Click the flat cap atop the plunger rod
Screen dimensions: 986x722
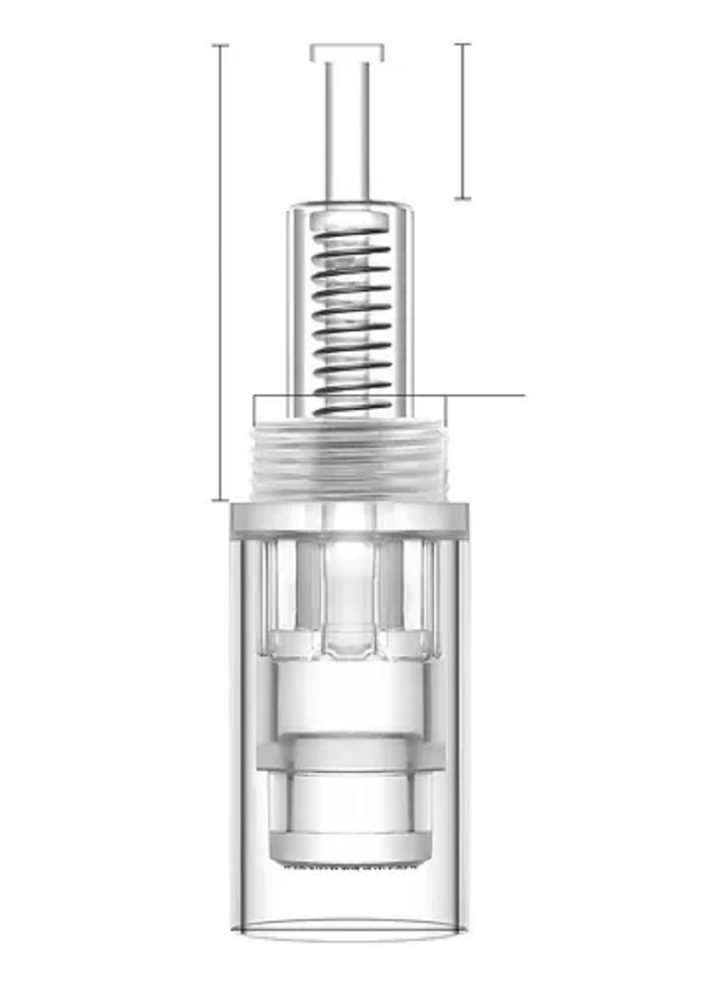[x=347, y=52]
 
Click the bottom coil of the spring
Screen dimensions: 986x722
[x=352, y=408]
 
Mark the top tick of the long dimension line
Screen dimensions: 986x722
[x=220, y=44]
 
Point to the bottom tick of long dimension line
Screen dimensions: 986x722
[x=220, y=499]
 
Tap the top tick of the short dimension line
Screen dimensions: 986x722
[x=463, y=44]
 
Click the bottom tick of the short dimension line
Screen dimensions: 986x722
[x=463, y=198]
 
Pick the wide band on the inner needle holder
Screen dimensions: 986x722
[x=350, y=754]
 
